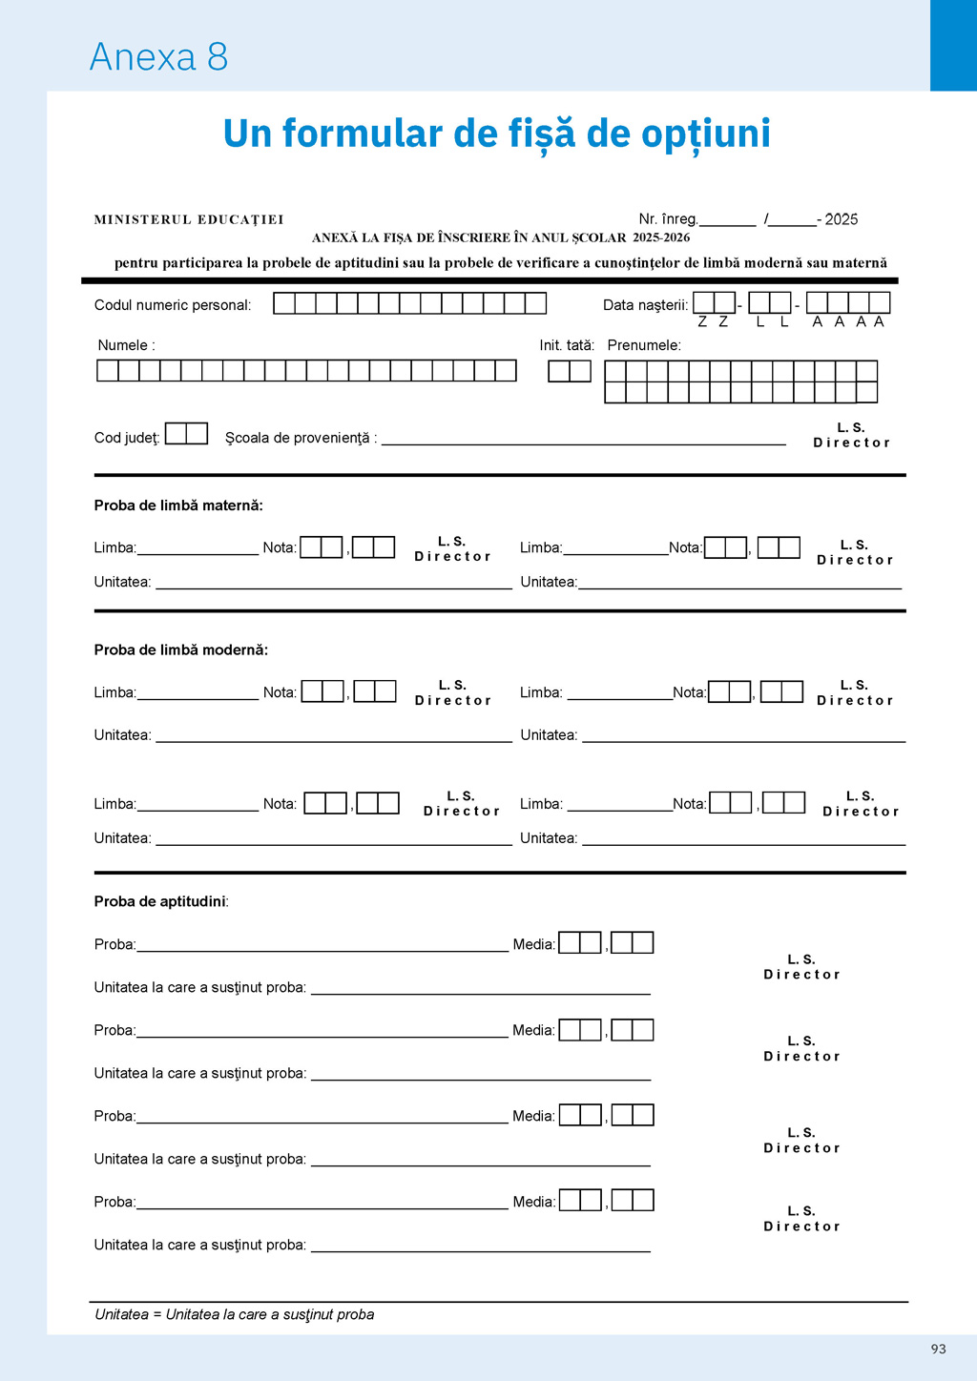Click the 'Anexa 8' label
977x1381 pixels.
(158, 57)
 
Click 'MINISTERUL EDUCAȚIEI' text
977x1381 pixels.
(189, 219)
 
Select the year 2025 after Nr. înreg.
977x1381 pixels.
(841, 219)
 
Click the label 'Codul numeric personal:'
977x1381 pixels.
(173, 305)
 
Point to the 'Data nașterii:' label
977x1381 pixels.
(645, 305)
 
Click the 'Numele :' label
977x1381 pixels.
(126, 345)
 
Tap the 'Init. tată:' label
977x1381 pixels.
(567, 345)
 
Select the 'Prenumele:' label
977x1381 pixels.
(644, 345)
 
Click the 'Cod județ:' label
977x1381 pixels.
(127, 438)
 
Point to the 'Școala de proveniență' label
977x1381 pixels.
(298, 438)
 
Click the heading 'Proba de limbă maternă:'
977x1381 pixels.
(178, 505)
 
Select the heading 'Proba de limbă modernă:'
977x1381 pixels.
(181, 649)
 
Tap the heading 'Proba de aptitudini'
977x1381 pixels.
(160, 901)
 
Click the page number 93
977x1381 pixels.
(939, 1349)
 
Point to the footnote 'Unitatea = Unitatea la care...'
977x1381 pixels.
(235, 1314)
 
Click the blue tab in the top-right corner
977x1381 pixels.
(953, 45)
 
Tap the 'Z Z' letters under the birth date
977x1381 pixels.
(713, 322)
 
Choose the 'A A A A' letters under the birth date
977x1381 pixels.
(848, 322)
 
